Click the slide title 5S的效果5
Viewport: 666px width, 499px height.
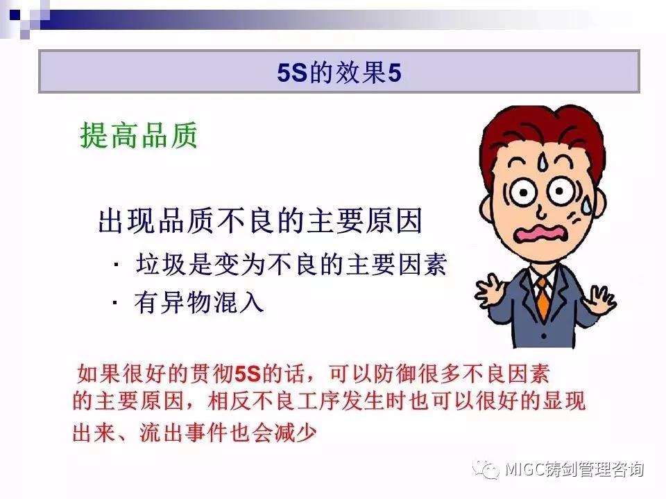click(339, 73)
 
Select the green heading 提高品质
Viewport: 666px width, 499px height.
click(139, 135)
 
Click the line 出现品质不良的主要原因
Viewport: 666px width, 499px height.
click(260, 220)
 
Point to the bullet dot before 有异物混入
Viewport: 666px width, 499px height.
click(115, 304)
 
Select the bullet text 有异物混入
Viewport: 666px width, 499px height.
click(199, 303)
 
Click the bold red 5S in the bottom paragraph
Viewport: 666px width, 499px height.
click(247, 374)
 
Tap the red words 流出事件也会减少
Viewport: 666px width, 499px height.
click(228, 432)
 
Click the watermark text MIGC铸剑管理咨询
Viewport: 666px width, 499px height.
click(574, 469)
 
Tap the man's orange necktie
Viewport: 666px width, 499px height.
click(543, 298)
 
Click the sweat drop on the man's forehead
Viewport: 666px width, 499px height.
click(543, 161)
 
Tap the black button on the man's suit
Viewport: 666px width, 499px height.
click(544, 336)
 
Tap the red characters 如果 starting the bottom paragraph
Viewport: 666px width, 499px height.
click(99, 374)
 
